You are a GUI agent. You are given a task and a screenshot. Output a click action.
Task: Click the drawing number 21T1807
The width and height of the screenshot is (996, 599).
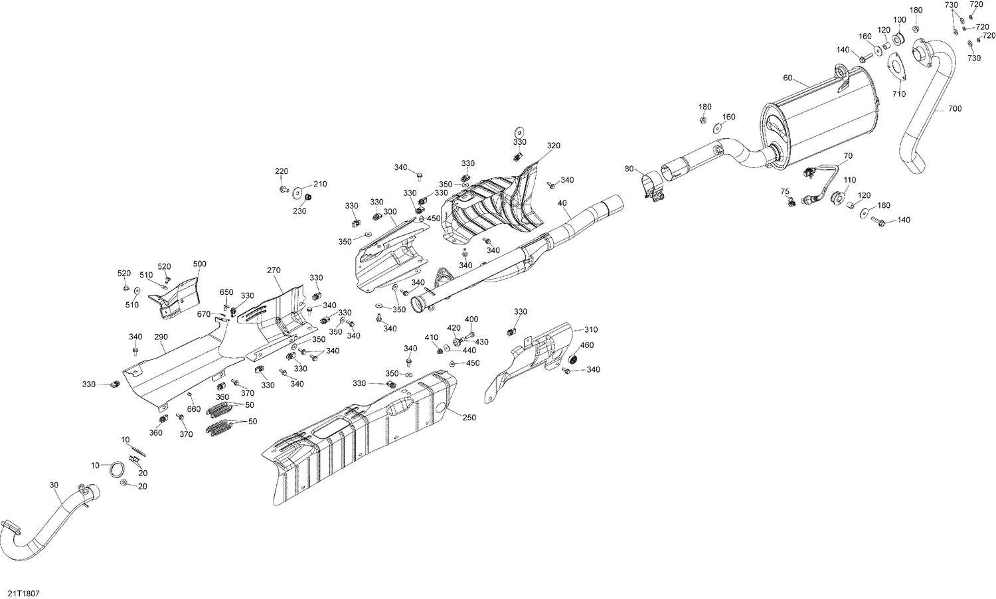[x=23, y=591]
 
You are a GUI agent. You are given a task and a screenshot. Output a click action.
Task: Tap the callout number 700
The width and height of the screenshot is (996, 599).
[x=954, y=108]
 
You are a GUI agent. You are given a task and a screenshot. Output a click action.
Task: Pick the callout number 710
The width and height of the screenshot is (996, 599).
[x=898, y=94]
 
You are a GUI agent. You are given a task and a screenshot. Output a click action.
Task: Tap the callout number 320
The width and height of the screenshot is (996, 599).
[x=554, y=145]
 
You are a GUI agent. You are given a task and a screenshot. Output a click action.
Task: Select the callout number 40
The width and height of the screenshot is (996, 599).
[x=562, y=203]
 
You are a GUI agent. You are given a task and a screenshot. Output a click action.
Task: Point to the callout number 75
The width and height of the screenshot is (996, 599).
[x=785, y=191]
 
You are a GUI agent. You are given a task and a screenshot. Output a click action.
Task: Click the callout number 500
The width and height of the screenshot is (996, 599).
[x=199, y=264]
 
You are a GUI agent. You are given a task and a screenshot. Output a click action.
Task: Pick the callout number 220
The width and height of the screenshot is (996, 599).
[x=282, y=171]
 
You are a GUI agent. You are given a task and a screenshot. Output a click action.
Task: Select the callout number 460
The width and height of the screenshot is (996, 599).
[x=587, y=345]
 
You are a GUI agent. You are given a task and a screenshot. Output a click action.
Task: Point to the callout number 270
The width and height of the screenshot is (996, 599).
[x=274, y=270]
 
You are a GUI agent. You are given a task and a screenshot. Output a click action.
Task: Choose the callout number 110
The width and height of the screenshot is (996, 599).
[x=850, y=180]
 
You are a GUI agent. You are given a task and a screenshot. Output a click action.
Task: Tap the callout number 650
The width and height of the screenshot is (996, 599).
[x=226, y=292]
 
